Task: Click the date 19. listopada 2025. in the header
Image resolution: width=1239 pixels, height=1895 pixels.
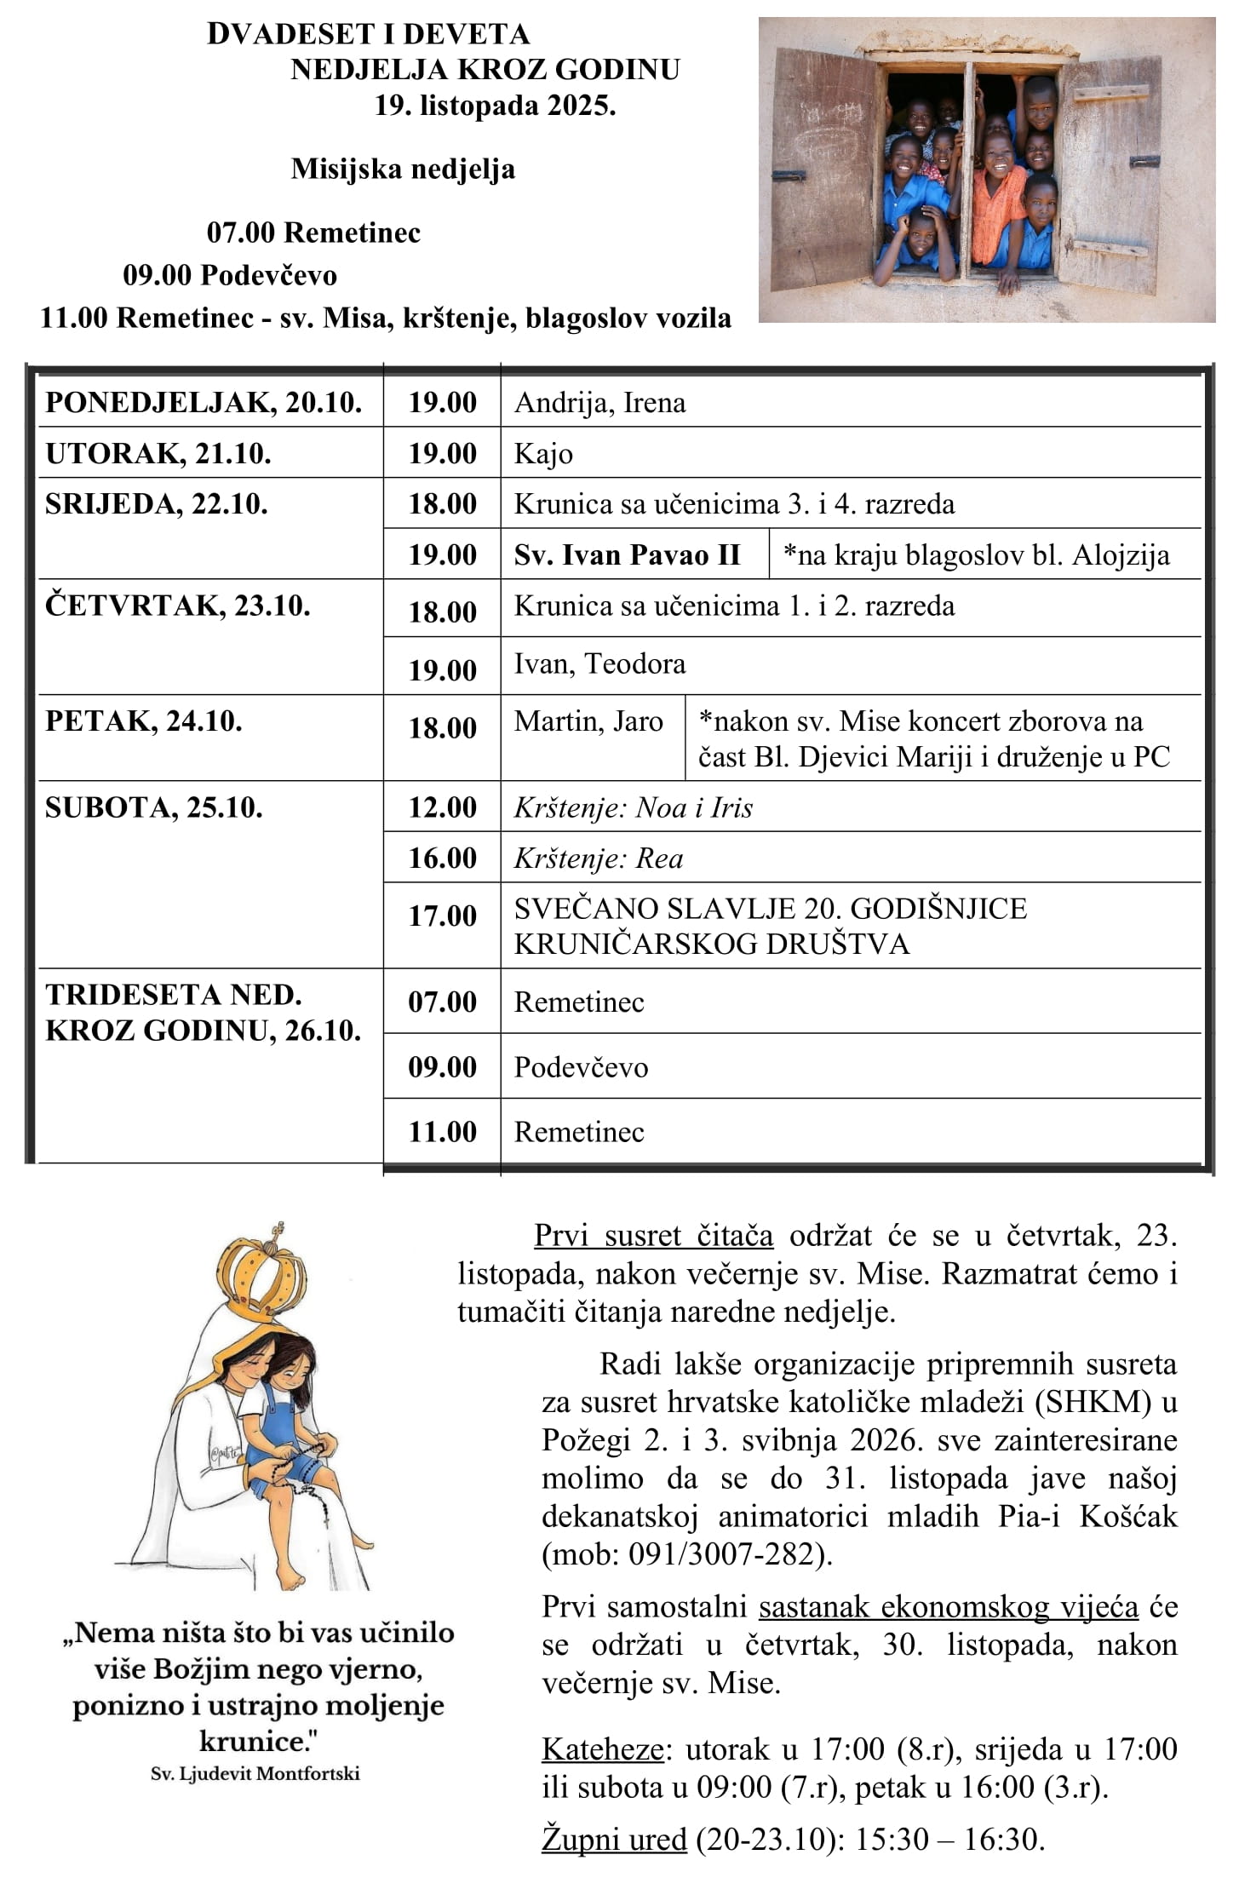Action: (x=495, y=106)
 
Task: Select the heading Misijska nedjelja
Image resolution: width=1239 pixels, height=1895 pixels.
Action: (x=403, y=169)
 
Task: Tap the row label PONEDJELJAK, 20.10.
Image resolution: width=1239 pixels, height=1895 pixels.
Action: (x=204, y=402)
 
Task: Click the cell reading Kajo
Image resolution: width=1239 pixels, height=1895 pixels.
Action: (x=543, y=453)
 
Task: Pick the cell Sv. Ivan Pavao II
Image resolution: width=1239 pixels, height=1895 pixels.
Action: (x=627, y=554)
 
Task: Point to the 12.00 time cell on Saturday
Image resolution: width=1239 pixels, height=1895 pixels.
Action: (x=442, y=807)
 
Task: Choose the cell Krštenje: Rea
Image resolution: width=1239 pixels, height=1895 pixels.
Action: (x=599, y=858)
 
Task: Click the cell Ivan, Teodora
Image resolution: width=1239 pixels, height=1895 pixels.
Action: (x=599, y=663)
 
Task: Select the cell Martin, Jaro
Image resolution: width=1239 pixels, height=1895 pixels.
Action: (x=588, y=721)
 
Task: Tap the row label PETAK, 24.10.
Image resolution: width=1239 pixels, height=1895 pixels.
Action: (x=144, y=721)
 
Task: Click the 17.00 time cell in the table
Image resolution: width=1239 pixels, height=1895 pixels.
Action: (x=442, y=916)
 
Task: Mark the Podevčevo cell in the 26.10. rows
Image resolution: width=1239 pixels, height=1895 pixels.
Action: (x=581, y=1067)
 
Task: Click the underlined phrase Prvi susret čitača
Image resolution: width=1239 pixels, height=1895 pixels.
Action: (x=653, y=1235)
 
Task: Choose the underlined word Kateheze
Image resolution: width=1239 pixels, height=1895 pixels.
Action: (x=603, y=1749)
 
